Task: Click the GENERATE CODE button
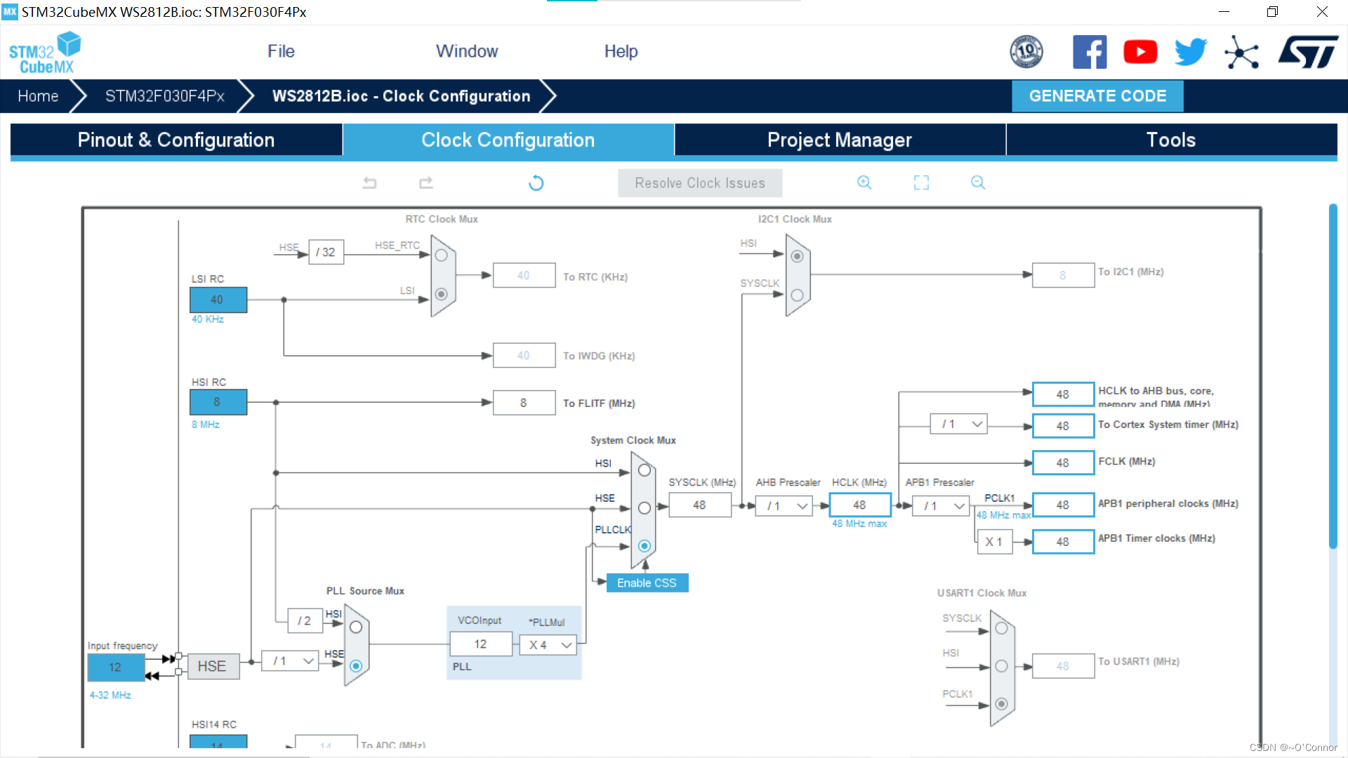click(x=1097, y=96)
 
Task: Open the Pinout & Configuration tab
click(x=176, y=140)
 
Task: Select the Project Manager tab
click(x=839, y=140)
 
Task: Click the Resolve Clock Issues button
click(x=699, y=183)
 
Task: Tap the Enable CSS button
click(x=647, y=583)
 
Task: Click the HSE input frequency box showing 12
click(x=115, y=667)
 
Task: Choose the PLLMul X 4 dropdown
click(x=548, y=645)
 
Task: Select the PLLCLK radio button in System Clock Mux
click(x=645, y=546)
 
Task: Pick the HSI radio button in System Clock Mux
click(x=645, y=470)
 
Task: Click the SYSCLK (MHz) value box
click(x=699, y=505)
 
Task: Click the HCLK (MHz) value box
click(x=859, y=505)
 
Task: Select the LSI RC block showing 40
click(x=218, y=300)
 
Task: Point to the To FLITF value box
click(x=524, y=403)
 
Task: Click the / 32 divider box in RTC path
click(x=326, y=252)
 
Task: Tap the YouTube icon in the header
click(x=1140, y=52)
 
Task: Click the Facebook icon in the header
click(x=1090, y=52)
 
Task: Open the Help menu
click(x=621, y=51)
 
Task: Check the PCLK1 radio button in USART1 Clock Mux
click(x=1002, y=704)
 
